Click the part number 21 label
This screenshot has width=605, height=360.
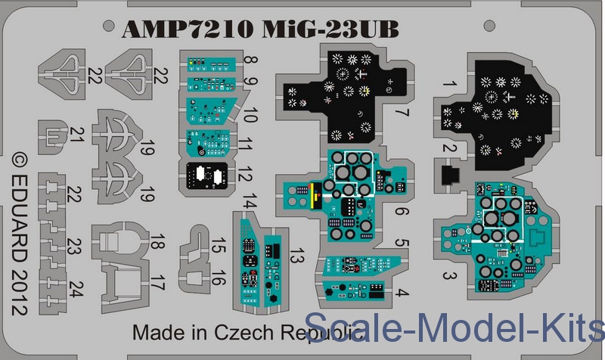76,135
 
